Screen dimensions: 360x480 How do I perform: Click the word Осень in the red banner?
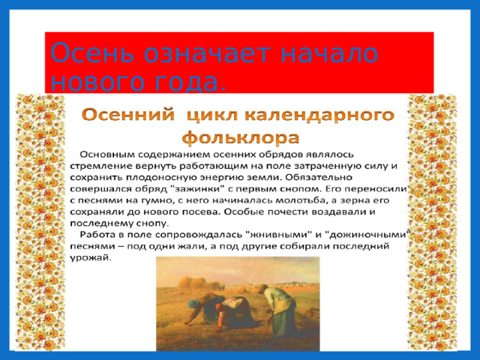(x=81, y=55)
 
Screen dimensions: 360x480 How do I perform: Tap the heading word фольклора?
(x=240, y=139)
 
